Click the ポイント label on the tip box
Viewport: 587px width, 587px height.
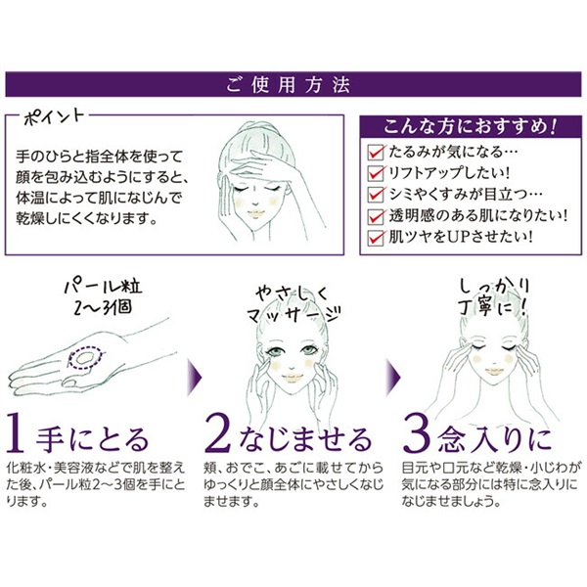[x=47, y=119]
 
